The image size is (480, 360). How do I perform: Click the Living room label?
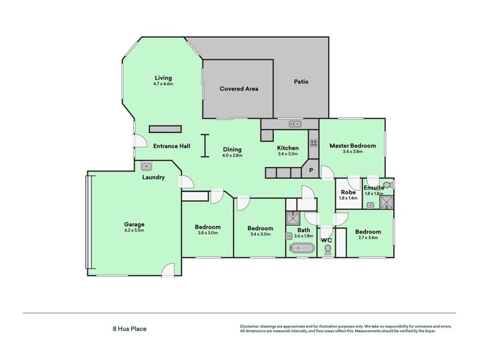[163, 78]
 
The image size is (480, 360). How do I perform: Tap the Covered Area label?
[239, 88]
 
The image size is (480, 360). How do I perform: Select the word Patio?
[301, 82]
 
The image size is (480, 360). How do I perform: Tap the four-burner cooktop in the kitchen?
[313, 143]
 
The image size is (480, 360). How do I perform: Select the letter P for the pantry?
[311, 171]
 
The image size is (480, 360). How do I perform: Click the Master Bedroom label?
[353, 146]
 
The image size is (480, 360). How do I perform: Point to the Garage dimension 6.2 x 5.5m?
[134, 231]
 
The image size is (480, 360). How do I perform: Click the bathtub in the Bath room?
[301, 248]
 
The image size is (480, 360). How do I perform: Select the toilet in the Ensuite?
[387, 185]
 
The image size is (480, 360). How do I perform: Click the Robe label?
[348, 191]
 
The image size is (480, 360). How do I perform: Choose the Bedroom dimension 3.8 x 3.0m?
[208, 233]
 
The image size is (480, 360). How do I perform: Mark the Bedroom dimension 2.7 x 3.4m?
[367, 238]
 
